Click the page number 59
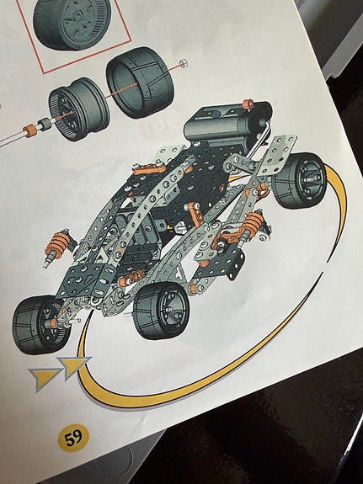73,438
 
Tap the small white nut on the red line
184,63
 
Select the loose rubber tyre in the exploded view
141,82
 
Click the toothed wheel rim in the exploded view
79,109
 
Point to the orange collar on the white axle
30,130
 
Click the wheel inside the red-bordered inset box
72,24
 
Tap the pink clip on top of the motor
248,104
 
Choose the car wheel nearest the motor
300,180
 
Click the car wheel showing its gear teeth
41,324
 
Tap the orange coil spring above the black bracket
253,224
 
